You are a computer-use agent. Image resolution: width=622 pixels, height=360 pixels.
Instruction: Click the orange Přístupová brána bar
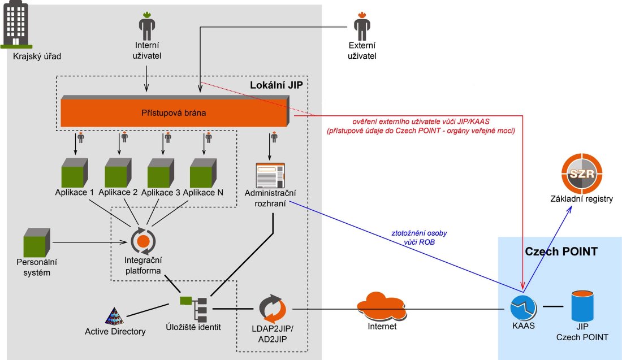click(x=174, y=112)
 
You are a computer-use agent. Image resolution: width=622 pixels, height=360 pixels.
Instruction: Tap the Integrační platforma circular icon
click(x=143, y=241)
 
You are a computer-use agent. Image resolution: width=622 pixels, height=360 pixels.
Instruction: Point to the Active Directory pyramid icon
click(x=115, y=314)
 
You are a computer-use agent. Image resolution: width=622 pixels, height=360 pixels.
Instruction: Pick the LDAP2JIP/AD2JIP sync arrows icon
click(x=273, y=309)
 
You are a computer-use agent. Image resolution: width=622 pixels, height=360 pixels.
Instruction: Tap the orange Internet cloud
click(x=381, y=307)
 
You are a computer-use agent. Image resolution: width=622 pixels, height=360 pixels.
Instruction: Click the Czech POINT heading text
click(x=561, y=252)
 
